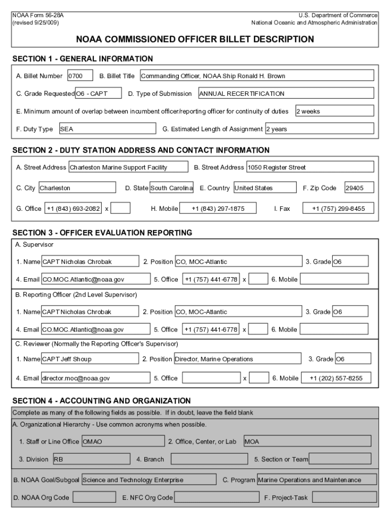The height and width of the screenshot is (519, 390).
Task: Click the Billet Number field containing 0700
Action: pyautogui.click(x=80, y=76)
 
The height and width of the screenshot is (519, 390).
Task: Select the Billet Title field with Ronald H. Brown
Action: pyautogui.click(x=256, y=76)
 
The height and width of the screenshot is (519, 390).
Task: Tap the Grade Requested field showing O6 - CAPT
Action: pyautogui.click(x=98, y=93)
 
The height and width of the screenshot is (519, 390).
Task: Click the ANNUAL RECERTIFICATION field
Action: pyautogui.click(x=286, y=93)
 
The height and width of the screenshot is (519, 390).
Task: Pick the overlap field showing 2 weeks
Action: pyautogui.click(x=334, y=111)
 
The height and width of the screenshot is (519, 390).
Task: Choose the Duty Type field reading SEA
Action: pyautogui.click(x=107, y=129)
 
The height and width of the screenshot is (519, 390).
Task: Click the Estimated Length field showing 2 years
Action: pyautogui.click(x=319, y=129)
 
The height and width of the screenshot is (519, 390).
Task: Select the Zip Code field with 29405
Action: pyautogui.click(x=359, y=188)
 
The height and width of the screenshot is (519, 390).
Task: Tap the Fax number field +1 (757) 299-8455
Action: pyautogui.click(x=338, y=208)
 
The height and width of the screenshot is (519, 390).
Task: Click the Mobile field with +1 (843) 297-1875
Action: pyautogui.click(x=218, y=208)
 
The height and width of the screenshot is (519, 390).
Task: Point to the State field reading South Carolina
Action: pyautogui.click(x=172, y=188)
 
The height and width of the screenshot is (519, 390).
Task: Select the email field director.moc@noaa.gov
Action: pyautogui.click(x=96, y=378)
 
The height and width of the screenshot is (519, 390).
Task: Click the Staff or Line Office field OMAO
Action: pyautogui.click(x=123, y=441)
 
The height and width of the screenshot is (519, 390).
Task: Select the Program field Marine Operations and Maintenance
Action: pyautogui.click(x=317, y=479)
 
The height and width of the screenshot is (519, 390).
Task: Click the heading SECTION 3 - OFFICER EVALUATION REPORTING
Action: pyautogui.click(x=102, y=233)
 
